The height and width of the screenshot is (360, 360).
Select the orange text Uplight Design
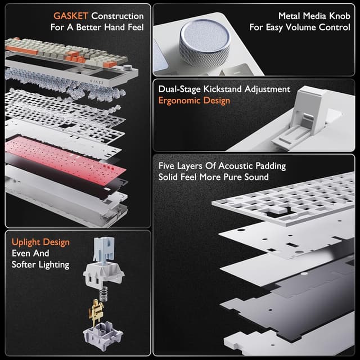(40, 242)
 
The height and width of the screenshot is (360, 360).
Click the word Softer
(26, 264)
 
